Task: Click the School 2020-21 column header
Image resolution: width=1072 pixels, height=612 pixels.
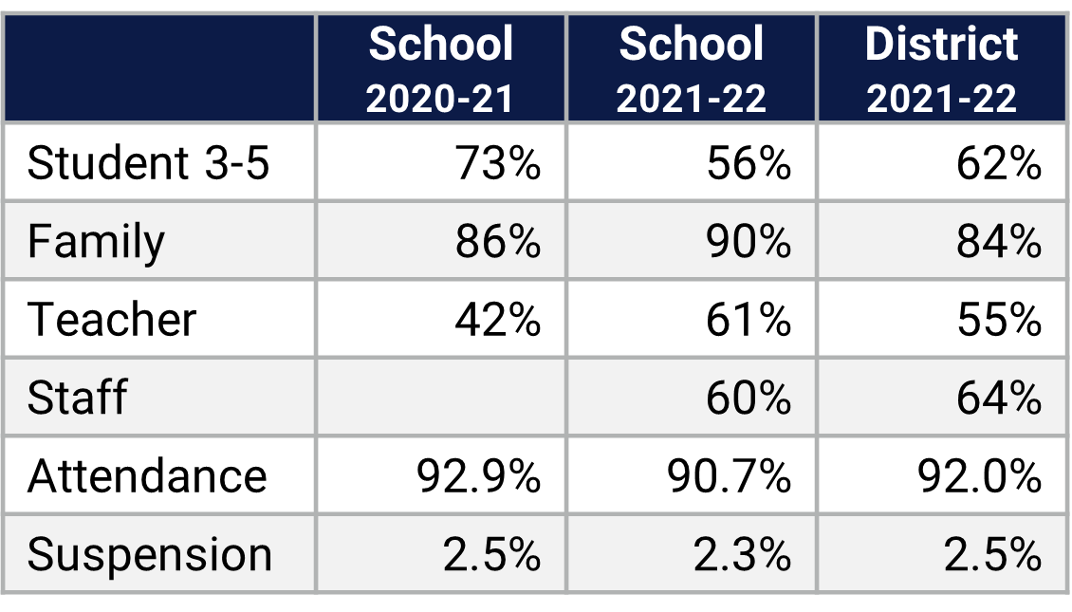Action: pos(441,69)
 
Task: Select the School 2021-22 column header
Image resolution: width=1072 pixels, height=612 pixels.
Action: pos(691,69)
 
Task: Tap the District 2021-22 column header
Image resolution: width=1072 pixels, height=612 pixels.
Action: pos(941,69)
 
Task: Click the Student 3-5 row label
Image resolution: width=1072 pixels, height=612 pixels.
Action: pos(148,163)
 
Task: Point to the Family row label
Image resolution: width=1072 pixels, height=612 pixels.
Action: pos(96,241)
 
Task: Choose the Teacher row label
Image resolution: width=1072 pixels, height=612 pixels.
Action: pos(112,319)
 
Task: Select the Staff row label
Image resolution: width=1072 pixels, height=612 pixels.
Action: pos(77,397)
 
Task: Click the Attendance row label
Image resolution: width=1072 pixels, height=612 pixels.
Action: pos(147,474)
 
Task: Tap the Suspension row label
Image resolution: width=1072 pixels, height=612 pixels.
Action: pos(150,554)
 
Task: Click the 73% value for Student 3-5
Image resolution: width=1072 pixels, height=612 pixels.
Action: pos(497,163)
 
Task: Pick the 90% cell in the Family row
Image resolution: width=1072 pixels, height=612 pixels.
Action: pos(749,241)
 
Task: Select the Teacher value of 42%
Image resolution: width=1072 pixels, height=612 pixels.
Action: pos(497,319)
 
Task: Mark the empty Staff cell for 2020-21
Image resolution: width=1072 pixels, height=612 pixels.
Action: pos(441,397)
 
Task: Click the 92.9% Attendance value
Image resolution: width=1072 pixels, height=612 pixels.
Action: pos(478,474)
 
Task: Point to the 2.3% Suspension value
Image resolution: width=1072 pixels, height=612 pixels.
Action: pos(742,554)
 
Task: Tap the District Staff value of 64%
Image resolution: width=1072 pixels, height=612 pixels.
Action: pos(999,397)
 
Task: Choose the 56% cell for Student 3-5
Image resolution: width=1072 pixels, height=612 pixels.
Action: pos(749,163)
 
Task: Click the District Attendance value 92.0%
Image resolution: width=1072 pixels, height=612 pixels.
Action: pos(979,474)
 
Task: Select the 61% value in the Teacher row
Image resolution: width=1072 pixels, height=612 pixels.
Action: pos(749,319)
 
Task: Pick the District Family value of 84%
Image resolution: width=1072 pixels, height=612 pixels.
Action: pos(999,241)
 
